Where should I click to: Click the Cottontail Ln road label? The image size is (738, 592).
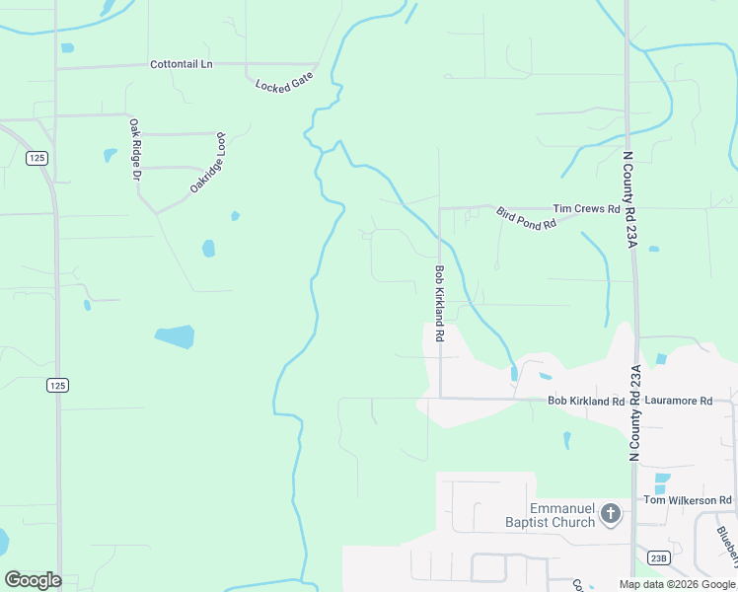[181, 64]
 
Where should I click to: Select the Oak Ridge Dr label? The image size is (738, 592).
[136, 150]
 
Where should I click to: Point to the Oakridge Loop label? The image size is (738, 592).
[209, 162]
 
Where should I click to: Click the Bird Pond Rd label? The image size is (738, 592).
[526, 218]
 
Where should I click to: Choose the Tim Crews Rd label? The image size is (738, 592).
[586, 209]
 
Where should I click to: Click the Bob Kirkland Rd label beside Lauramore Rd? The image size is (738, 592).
[586, 402]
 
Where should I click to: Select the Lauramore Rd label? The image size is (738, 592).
[678, 402]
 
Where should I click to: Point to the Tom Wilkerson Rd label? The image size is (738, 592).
[688, 501]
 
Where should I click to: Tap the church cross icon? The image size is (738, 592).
[611, 514]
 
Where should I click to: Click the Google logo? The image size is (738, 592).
[33, 579]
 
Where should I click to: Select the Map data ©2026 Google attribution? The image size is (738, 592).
[677, 584]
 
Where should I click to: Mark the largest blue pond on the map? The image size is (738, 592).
[175, 336]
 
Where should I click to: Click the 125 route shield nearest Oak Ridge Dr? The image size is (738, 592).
[37, 158]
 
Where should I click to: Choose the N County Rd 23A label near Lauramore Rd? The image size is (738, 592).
[636, 411]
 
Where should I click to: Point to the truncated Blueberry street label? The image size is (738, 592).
[725, 546]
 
